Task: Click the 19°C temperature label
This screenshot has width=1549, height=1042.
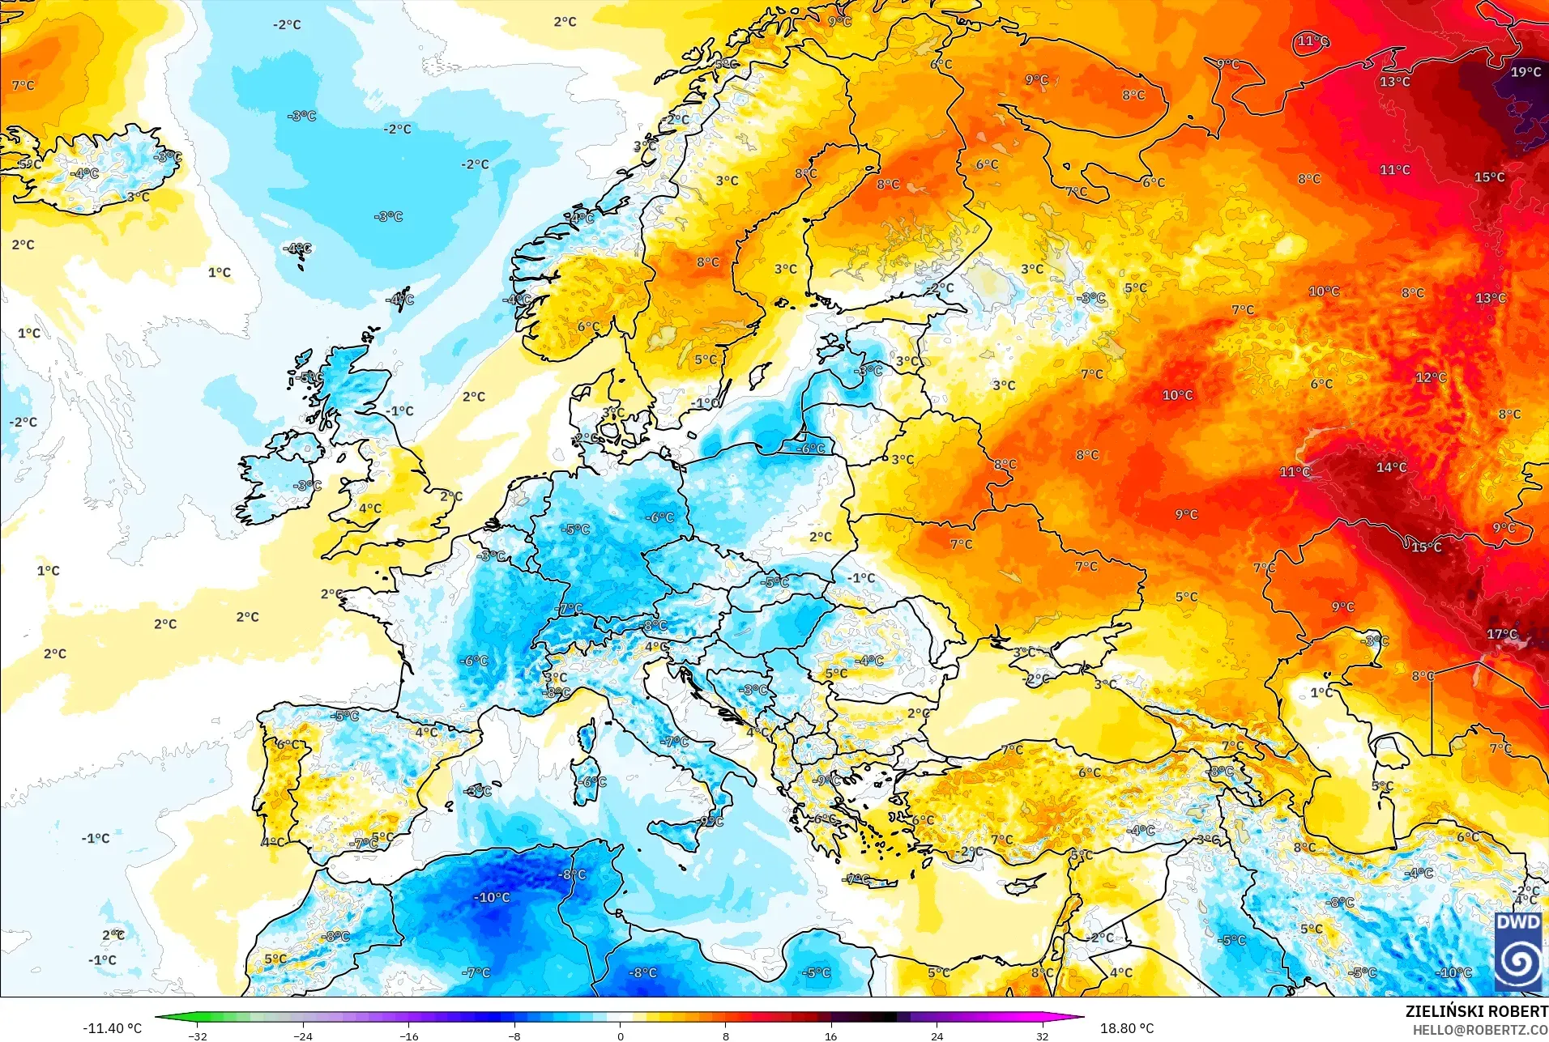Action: [x=1526, y=72]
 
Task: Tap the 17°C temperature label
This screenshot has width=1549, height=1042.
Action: [x=1501, y=634]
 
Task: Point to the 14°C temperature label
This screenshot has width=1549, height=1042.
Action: [x=1391, y=467]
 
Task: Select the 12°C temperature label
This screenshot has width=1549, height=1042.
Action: [x=1431, y=377]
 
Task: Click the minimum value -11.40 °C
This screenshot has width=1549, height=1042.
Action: [x=112, y=1028]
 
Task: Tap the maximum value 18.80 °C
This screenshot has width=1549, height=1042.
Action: [x=1126, y=1028]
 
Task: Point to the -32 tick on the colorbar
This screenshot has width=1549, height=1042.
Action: [x=198, y=1036]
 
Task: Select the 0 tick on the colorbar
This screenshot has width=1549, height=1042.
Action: [x=621, y=1036]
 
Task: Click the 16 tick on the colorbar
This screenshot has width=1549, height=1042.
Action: [x=831, y=1036]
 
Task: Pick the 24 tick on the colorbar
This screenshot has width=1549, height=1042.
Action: [x=937, y=1036]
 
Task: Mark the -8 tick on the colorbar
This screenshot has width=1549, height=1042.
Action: [x=514, y=1036]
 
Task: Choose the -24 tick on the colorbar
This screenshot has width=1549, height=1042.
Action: [x=303, y=1036]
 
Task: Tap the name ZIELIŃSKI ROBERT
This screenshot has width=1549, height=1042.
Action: [x=1476, y=1011]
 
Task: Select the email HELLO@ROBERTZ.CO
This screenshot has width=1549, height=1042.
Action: [x=1480, y=1030]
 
